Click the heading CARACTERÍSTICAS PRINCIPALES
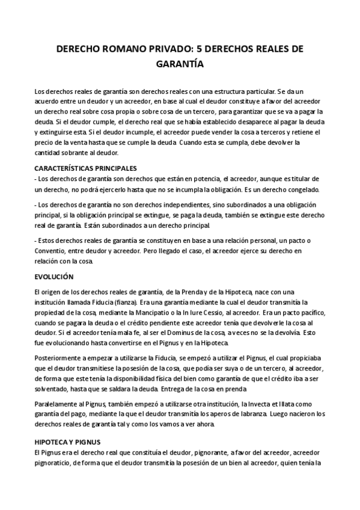[87, 168]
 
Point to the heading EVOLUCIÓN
[53, 277]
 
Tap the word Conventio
[53, 251]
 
